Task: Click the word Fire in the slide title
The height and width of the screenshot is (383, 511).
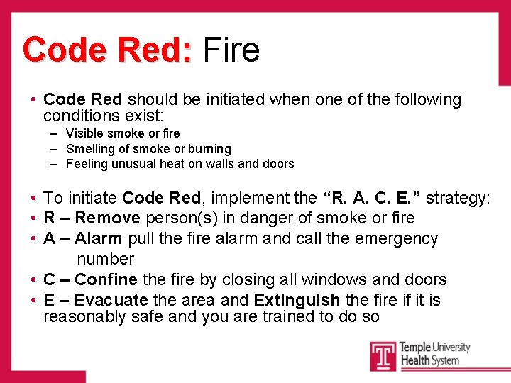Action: [231, 50]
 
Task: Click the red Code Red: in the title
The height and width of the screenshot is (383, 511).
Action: [107, 50]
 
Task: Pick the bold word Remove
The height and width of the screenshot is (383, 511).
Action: [107, 218]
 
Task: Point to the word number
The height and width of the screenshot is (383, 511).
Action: [105, 259]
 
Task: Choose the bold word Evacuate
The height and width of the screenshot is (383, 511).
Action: [111, 300]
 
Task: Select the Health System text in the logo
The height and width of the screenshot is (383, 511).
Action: [429, 360]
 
